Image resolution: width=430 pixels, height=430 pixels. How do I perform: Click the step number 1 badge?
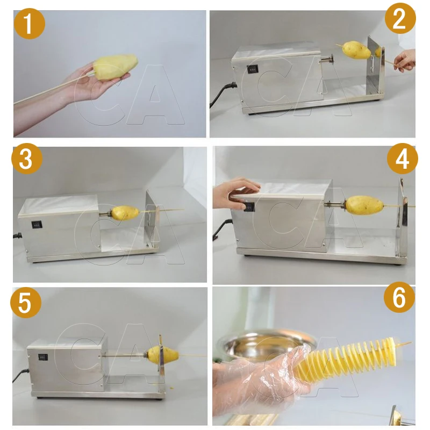click(x=30, y=23)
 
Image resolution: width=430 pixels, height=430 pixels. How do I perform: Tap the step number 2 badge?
click(x=400, y=18)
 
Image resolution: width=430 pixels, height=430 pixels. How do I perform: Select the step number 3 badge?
click(x=27, y=158)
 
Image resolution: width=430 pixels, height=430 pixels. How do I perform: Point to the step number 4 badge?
click(x=402, y=159)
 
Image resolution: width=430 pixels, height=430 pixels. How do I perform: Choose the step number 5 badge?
click(x=25, y=303)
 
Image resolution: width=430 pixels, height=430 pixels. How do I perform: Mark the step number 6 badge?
click(x=399, y=298)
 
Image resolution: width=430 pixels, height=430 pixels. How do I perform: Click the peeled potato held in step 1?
click(x=115, y=67)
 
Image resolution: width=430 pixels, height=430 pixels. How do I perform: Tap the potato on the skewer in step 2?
click(x=356, y=50)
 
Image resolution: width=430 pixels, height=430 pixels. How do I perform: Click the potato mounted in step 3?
click(x=125, y=213)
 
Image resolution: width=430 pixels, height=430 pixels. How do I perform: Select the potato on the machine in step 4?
click(x=364, y=205)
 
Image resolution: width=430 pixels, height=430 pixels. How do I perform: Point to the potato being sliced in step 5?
click(x=163, y=355)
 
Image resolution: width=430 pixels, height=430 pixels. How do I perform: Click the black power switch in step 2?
click(x=252, y=70)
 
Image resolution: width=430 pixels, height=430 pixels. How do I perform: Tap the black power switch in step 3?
click(x=37, y=225)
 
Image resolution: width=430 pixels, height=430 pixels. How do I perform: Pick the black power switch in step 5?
click(x=43, y=357)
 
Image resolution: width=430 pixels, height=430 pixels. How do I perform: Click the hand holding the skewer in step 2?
click(x=405, y=61)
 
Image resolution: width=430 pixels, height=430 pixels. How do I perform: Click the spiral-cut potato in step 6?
click(x=348, y=356)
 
